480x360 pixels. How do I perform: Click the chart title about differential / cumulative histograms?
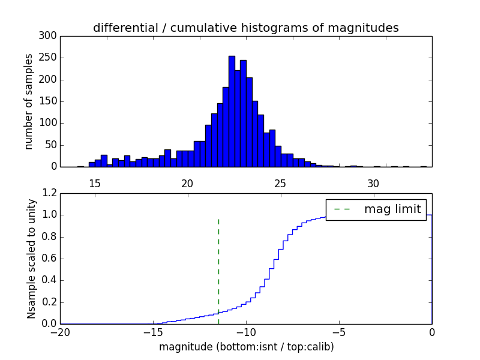click(245, 28)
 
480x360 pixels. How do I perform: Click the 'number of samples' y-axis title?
click(29, 101)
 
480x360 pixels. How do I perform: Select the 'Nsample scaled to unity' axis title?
click(31, 259)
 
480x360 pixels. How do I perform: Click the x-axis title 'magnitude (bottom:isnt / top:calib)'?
click(246, 347)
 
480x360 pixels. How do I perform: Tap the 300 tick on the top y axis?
click(49, 36)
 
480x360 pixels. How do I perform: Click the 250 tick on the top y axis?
click(49, 58)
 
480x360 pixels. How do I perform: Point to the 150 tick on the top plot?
click(49, 101)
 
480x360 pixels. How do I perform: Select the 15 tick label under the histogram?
click(95, 183)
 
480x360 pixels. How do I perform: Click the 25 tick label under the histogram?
click(280, 183)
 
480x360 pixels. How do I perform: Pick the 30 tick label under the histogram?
click(373, 183)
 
